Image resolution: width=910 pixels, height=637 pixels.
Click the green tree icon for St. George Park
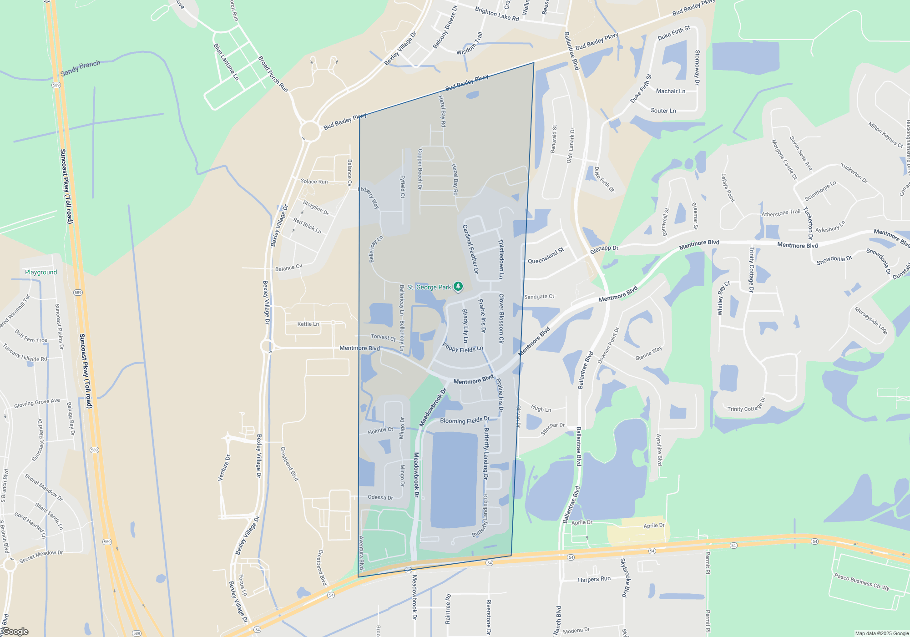pyautogui.click(x=459, y=287)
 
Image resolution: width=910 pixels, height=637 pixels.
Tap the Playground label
pyautogui.click(x=41, y=272)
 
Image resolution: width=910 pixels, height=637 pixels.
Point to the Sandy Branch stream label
pyautogui.click(x=80, y=68)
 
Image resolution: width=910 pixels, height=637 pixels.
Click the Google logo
pyautogui.click(x=15, y=632)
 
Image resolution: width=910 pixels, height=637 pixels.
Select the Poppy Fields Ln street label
pyautogui.click(x=462, y=348)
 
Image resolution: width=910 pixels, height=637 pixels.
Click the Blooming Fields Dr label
pyautogui.click(x=465, y=420)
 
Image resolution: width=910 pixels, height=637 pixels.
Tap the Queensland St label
pyautogui.click(x=546, y=256)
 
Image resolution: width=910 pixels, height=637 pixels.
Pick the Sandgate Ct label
pyautogui.click(x=539, y=297)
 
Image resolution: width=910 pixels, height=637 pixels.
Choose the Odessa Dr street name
pyautogui.click(x=380, y=497)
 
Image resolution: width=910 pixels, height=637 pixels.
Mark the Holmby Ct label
pyautogui.click(x=380, y=430)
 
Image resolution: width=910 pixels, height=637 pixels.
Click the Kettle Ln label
pyautogui.click(x=308, y=324)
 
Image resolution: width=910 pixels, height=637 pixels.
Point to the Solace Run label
pyautogui.click(x=314, y=182)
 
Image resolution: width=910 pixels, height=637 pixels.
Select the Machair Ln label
pyautogui.click(x=670, y=91)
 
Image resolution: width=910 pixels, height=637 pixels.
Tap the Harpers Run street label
pyautogui.click(x=594, y=579)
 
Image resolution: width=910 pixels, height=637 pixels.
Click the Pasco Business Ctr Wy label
pyautogui.click(x=861, y=582)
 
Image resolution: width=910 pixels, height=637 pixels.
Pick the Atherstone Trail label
pyautogui.click(x=781, y=212)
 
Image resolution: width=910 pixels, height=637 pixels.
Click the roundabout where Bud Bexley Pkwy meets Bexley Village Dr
pyautogui.click(x=310, y=131)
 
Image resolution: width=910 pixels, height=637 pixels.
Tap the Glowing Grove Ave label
pyautogui.click(x=37, y=403)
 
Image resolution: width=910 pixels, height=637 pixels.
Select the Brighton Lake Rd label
pyautogui.click(x=496, y=14)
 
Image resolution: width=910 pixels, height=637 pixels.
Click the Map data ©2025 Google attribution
pyautogui.click(x=881, y=633)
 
